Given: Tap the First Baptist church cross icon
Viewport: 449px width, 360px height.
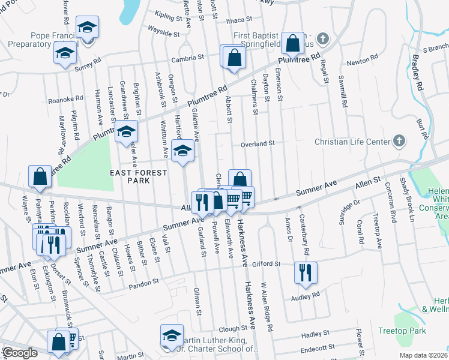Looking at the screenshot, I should (x=323, y=40).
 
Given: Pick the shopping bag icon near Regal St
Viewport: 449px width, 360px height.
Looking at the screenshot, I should (x=292, y=43).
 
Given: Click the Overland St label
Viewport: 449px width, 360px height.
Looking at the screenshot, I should (x=258, y=143).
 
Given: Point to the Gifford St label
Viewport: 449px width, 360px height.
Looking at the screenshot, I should (x=266, y=263).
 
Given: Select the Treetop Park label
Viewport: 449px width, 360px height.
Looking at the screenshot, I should (x=402, y=331).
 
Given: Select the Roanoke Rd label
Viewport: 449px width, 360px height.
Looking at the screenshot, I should (x=65, y=100).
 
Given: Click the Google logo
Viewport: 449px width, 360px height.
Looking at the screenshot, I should (x=20, y=353).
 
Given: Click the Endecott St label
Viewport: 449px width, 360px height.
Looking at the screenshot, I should (x=316, y=348).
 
